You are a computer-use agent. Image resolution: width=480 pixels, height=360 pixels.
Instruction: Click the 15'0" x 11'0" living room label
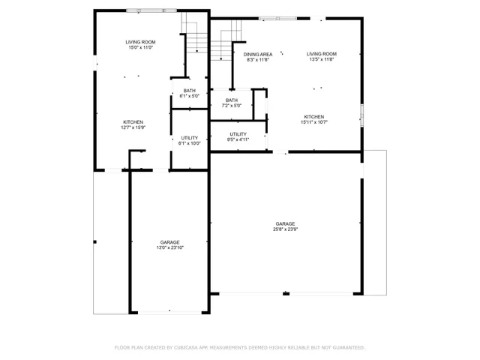pyautogui.click(x=139, y=44)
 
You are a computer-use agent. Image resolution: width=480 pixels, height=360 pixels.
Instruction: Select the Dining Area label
pyautogui.click(x=257, y=54)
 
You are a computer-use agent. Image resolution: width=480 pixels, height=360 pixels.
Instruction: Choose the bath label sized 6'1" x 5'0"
pyautogui.click(x=189, y=93)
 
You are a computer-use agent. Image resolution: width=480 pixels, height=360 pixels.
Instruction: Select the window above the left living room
pyautogui.click(x=151, y=10)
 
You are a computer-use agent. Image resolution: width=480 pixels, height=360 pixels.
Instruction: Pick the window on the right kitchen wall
pyautogui.click(x=361, y=115)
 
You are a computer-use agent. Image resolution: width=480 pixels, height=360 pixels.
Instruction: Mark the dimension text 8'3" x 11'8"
pyautogui.click(x=257, y=60)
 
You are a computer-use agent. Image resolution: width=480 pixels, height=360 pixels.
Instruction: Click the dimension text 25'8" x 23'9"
pyautogui.click(x=285, y=229)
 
